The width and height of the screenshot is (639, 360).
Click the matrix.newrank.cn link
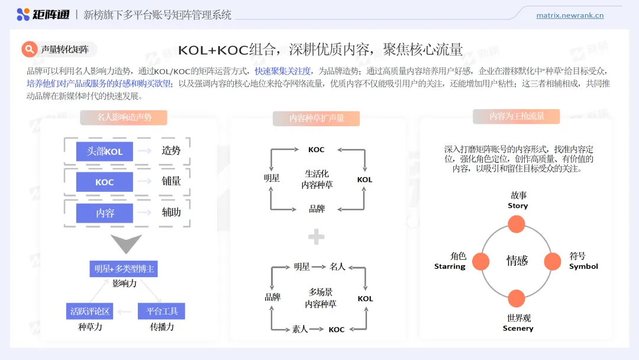pyautogui.click(x=570, y=15)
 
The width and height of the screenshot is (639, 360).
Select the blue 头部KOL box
pyautogui.click(x=105, y=151)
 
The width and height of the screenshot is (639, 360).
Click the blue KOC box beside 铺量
pyautogui.click(x=105, y=182)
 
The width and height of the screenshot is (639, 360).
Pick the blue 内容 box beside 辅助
pyautogui.click(x=105, y=213)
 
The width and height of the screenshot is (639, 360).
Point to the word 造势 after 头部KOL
pyautogui.click(x=171, y=151)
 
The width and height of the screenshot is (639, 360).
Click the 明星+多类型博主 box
pyautogui.click(x=124, y=269)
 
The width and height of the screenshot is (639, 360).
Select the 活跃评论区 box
pyautogui.click(x=90, y=311)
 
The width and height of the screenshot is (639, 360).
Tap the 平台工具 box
pyautogui.click(x=162, y=311)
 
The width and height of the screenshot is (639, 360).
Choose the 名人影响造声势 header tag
pyautogui.click(x=124, y=117)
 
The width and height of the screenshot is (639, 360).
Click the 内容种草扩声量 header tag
pyautogui.click(x=317, y=118)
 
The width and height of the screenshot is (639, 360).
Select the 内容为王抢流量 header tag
pyautogui.click(x=517, y=117)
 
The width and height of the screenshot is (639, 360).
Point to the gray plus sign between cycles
pyautogui.click(x=317, y=237)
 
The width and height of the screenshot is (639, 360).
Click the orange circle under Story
pyautogui.click(x=517, y=224)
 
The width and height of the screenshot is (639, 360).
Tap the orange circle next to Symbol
pyautogui.click(x=552, y=261)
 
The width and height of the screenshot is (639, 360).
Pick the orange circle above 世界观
pyautogui.click(x=517, y=298)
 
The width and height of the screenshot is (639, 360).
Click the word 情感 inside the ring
pyautogui.click(x=517, y=261)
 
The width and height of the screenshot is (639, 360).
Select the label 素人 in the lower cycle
pyautogui.click(x=300, y=329)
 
